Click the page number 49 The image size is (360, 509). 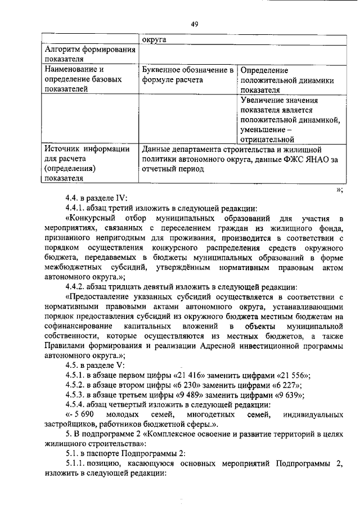click(195, 24)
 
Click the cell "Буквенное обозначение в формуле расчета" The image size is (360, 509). click(187, 75)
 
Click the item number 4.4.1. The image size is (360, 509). click(75, 207)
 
